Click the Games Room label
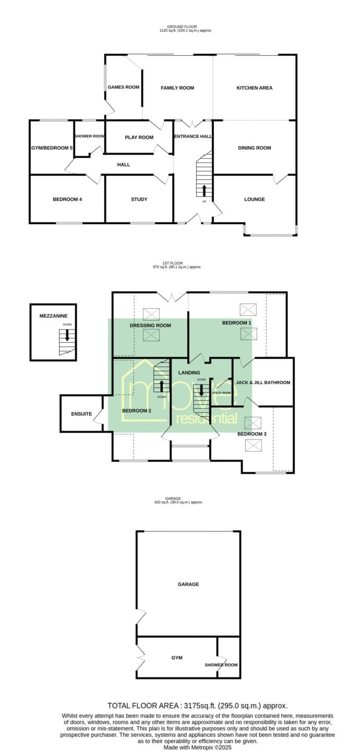[x=124, y=87]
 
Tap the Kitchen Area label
[x=254, y=88]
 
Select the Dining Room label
[x=254, y=148]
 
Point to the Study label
[x=139, y=199]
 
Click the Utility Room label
[x=221, y=393]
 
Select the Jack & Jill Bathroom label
[x=263, y=382]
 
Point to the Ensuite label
[x=81, y=414]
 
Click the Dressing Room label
[x=150, y=325]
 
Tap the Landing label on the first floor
[x=189, y=372]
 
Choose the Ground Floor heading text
[x=182, y=27]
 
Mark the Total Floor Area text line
[x=198, y=706]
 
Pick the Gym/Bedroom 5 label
[x=52, y=148]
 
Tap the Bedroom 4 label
[x=67, y=199]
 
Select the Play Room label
[x=139, y=137]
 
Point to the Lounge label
[x=254, y=199]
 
